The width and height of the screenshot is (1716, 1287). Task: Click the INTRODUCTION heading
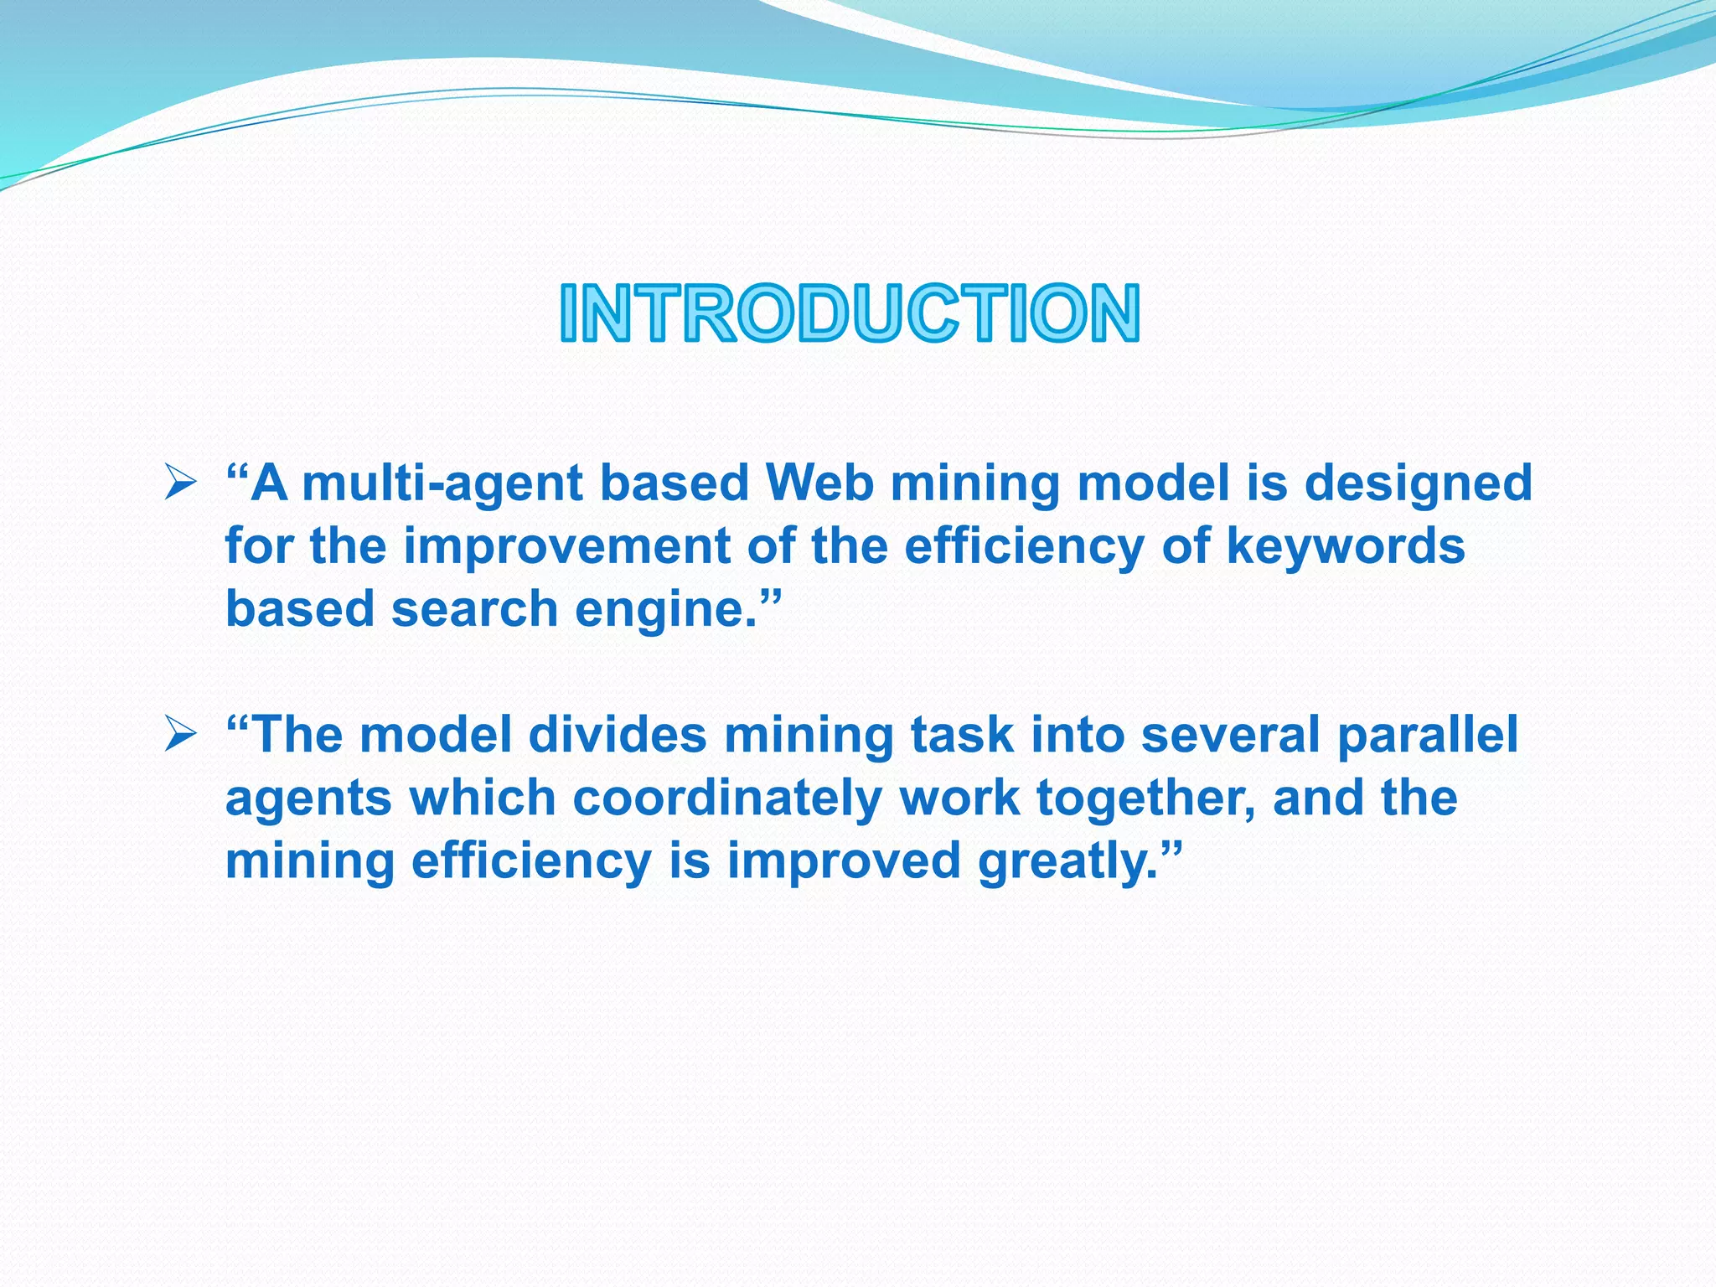click(850, 313)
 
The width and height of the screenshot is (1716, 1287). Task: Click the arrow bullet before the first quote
click(180, 483)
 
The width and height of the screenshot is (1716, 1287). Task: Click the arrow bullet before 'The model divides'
click(180, 735)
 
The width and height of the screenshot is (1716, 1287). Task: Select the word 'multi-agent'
click(442, 484)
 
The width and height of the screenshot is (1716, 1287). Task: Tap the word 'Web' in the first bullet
click(819, 483)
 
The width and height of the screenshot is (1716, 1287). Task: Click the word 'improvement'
click(567, 547)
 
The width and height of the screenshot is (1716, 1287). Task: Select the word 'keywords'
click(1345, 547)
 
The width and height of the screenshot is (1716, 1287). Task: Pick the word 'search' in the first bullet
click(474, 609)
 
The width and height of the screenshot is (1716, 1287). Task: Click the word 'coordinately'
click(726, 799)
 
